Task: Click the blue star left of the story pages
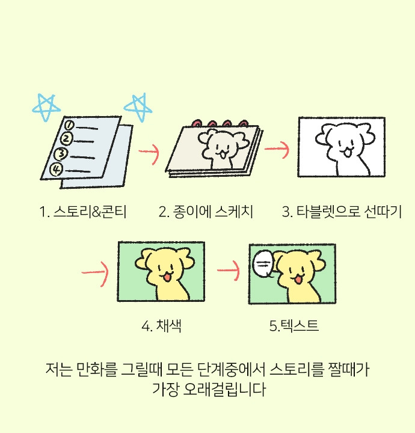tap(47, 106)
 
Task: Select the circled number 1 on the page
tap(69, 125)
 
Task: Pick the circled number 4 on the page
tap(57, 169)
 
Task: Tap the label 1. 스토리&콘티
tap(82, 212)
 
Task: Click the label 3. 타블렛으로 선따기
tap(342, 212)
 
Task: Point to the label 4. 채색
tap(162, 327)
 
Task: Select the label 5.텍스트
tap(294, 327)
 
